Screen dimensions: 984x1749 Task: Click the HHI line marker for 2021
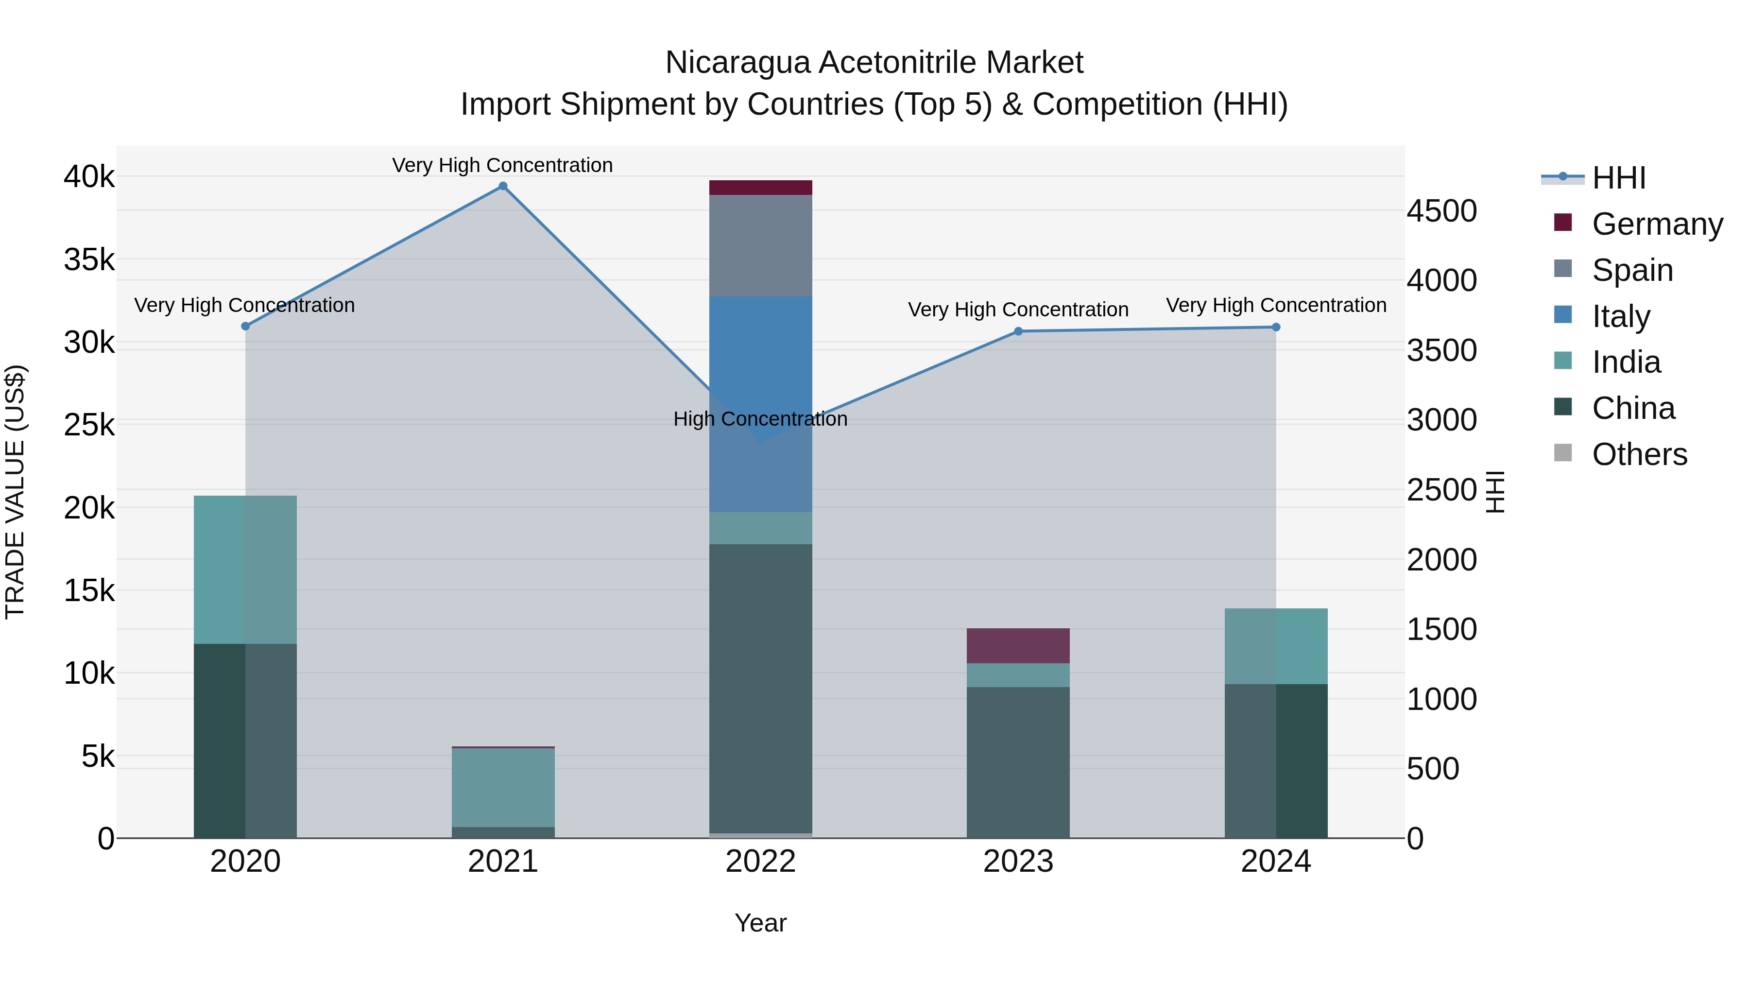(503, 186)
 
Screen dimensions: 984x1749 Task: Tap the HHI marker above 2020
(246, 326)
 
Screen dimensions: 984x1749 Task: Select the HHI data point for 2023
(1018, 331)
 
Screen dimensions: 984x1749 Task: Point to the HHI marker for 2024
(1276, 328)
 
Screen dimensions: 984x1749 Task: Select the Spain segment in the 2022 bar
(760, 246)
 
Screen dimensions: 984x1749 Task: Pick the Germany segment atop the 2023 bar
(1018, 646)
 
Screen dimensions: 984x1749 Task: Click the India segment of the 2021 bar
(503, 787)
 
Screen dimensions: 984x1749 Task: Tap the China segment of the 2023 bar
(1018, 762)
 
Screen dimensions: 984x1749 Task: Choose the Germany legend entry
(1657, 224)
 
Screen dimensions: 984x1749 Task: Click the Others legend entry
(1639, 454)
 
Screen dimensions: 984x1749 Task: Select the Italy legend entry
(1621, 316)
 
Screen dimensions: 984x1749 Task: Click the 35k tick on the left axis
(89, 259)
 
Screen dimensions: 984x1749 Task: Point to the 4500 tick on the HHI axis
(1441, 211)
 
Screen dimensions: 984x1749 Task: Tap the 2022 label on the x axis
(760, 861)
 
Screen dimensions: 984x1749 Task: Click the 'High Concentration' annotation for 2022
(760, 419)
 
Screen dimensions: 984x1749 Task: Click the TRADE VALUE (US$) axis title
(15, 492)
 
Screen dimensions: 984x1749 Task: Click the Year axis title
(760, 923)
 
